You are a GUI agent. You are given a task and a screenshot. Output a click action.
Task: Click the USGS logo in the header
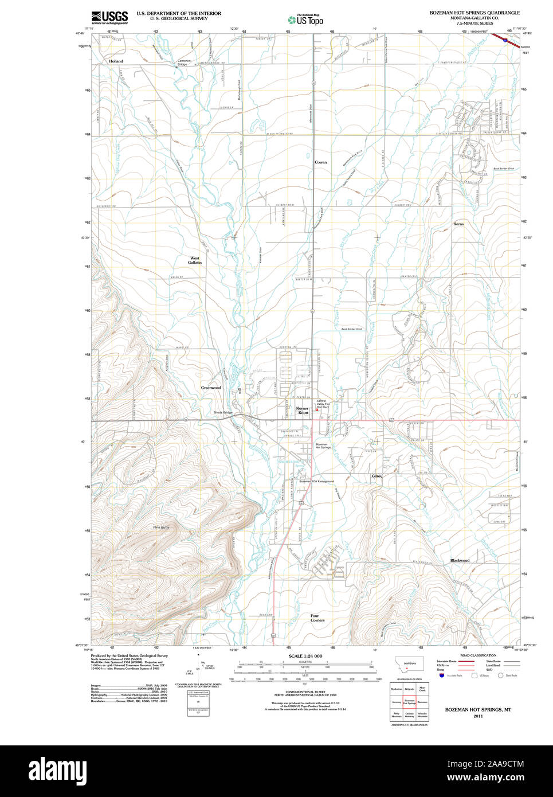click(109, 17)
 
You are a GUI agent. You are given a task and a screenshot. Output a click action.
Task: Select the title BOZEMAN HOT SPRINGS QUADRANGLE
click(474, 13)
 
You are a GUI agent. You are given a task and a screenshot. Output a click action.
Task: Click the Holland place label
click(116, 61)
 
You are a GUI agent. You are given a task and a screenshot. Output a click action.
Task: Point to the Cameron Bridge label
click(183, 62)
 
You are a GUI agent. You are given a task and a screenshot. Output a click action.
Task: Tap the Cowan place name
click(321, 162)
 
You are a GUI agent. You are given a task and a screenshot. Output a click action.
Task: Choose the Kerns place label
click(458, 224)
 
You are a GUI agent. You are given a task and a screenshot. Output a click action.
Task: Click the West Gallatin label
click(195, 260)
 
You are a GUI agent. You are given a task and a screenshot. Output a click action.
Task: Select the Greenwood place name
click(211, 388)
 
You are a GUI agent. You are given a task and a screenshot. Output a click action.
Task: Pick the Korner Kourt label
click(303, 411)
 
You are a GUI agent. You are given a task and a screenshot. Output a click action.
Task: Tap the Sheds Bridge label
click(223, 412)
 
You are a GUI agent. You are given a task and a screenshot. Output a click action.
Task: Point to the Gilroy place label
click(376, 476)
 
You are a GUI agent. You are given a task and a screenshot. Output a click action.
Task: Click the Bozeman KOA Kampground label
click(316, 482)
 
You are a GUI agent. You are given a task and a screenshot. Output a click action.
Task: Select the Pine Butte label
click(161, 527)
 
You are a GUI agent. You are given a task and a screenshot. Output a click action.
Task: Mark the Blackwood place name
click(460, 560)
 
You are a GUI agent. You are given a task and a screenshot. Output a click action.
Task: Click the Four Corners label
click(317, 618)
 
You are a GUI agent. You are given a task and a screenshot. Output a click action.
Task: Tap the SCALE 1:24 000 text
click(305, 656)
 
